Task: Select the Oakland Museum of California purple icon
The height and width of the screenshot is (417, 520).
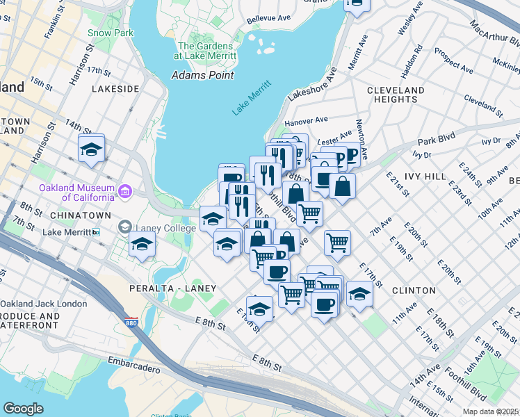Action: (125, 190)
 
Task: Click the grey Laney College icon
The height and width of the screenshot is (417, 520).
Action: (124, 226)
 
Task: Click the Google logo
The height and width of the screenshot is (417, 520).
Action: (23, 409)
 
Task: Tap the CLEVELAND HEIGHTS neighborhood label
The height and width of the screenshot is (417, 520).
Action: (396, 95)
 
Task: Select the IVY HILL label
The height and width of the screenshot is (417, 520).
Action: (425, 177)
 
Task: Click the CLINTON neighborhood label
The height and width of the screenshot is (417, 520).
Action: (413, 290)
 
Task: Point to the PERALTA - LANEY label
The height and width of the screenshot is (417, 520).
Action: (172, 288)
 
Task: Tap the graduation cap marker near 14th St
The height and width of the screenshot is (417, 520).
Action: (91, 150)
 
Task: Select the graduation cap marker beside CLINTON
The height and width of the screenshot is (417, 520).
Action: (359, 293)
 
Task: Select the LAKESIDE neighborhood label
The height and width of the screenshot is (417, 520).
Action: (115, 89)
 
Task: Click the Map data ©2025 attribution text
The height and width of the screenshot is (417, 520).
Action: (490, 411)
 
